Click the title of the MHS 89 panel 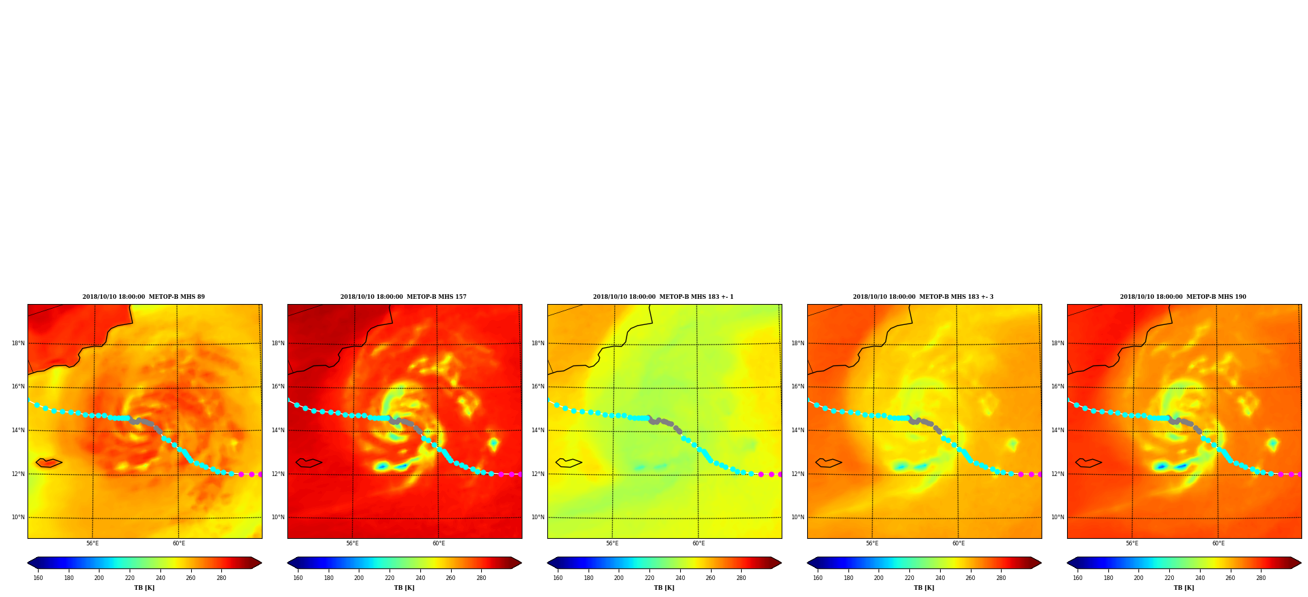click(143, 297)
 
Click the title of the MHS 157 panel click(403, 297)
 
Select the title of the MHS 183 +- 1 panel click(663, 297)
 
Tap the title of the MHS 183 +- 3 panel click(923, 297)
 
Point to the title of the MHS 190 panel click(1183, 297)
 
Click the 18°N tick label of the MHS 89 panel click(18, 343)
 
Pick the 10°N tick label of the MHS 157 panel click(278, 517)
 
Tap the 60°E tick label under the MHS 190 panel click(1218, 543)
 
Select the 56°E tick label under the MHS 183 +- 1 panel click(612, 543)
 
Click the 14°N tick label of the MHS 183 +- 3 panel click(797, 430)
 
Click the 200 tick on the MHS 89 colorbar click(99, 578)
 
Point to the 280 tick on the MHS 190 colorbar click(1261, 578)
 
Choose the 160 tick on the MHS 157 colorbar click(298, 578)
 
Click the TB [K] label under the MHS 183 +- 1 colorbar click(664, 588)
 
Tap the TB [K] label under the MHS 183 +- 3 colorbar click(924, 588)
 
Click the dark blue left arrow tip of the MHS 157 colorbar click(289, 563)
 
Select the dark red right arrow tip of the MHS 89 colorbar click(261, 563)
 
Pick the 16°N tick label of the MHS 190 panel click(1057, 386)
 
